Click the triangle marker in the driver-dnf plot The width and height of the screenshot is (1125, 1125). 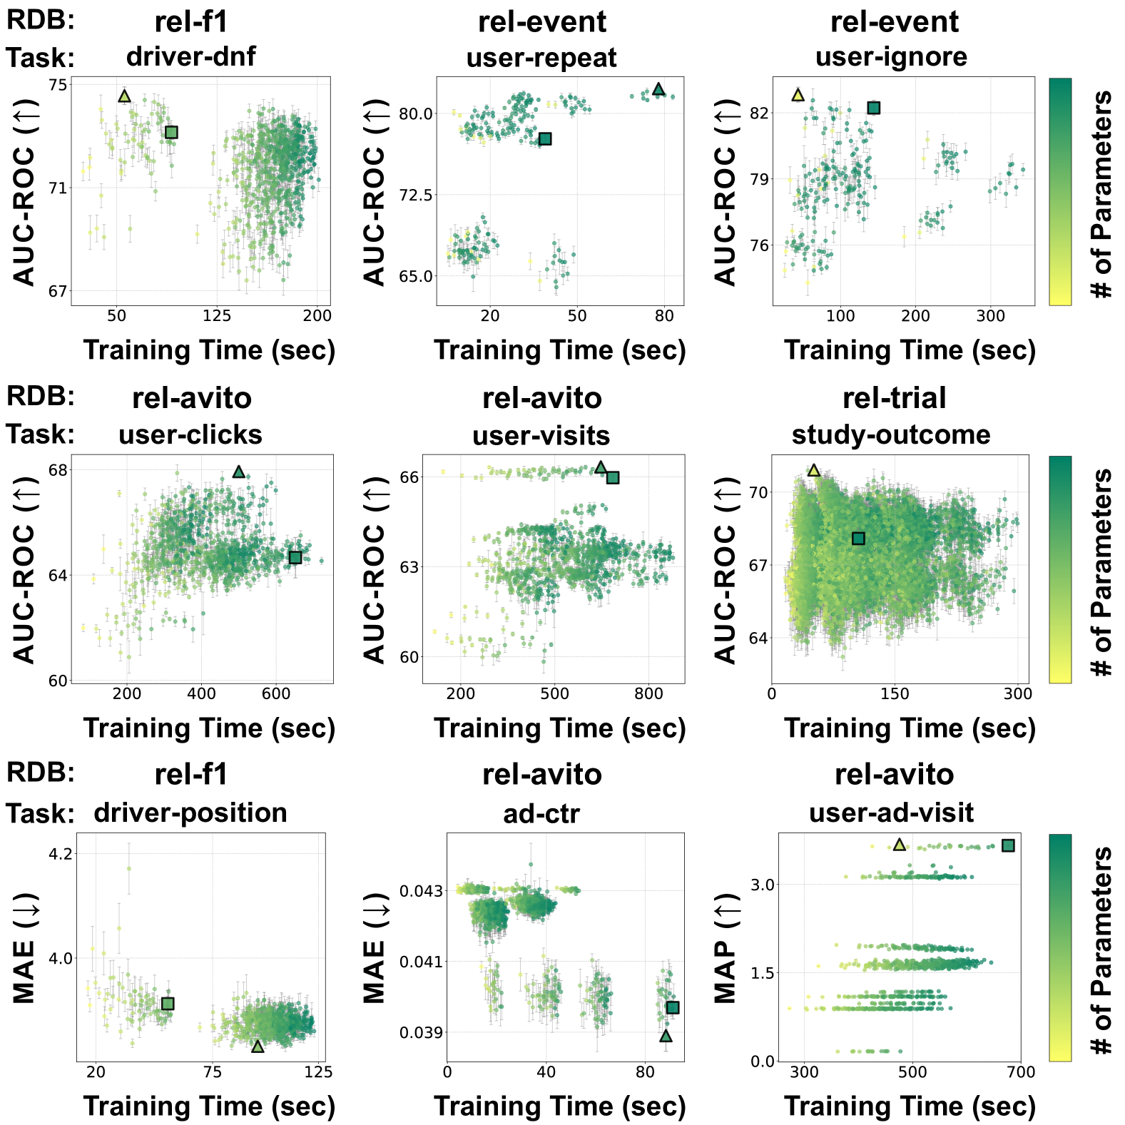[124, 96]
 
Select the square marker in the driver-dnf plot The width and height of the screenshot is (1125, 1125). [171, 132]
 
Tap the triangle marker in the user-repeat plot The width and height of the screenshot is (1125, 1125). [658, 89]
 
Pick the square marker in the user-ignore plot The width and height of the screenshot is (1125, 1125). [873, 108]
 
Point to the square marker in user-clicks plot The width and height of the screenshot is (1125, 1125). [295, 557]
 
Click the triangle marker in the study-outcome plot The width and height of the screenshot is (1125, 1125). [814, 470]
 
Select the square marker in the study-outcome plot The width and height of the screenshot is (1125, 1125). [858, 539]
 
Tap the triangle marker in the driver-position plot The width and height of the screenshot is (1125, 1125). [258, 1047]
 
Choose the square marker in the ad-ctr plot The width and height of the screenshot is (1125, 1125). [672, 1007]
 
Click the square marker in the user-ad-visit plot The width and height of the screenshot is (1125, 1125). [1008, 845]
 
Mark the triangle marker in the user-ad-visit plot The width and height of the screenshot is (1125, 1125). [899, 845]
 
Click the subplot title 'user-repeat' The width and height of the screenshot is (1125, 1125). [541, 58]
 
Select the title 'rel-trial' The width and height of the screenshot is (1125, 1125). [894, 398]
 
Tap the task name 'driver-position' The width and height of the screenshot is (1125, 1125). [190, 813]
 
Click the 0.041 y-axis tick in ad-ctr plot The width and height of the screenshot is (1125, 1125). [419, 962]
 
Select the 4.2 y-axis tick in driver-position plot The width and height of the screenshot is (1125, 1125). [60, 854]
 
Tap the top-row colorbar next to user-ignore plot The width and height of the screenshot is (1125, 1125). [1060, 191]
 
